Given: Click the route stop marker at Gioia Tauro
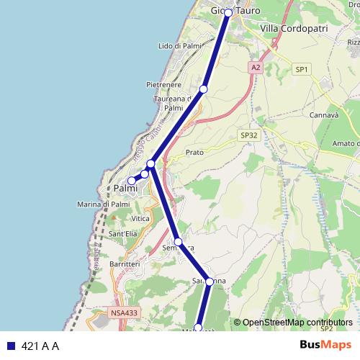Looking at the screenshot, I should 228,13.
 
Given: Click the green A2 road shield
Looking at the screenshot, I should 255,67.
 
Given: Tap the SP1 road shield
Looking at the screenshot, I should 301,69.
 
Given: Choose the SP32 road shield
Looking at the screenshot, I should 248,135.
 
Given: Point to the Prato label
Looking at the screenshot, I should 194,153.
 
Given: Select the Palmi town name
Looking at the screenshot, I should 126,189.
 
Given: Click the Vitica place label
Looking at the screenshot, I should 140,218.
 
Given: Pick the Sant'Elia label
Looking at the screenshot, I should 122,234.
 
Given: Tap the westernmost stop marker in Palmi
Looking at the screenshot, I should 131,181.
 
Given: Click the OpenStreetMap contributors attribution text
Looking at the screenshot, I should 297,322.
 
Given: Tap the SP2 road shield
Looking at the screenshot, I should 325,328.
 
